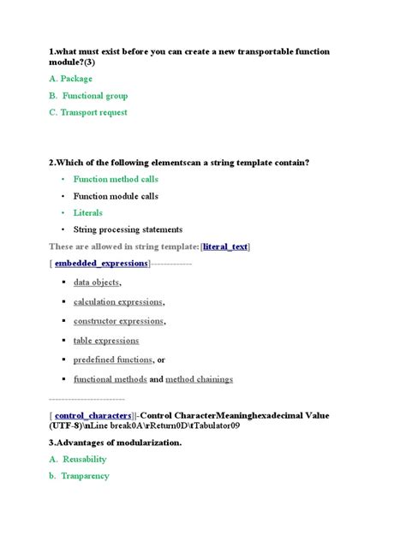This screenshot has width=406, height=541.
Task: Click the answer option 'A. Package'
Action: pos(70,79)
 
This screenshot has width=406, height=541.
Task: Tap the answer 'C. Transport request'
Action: pos(88,112)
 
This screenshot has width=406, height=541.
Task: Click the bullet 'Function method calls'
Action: pos(116,179)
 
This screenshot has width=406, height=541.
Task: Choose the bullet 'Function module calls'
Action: pos(116,196)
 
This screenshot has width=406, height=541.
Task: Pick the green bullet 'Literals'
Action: pos(88,212)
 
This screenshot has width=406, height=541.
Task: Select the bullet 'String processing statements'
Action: pos(128,229)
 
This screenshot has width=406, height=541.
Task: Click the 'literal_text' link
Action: pos(225,247)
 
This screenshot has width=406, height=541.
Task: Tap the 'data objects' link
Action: pos(96,282)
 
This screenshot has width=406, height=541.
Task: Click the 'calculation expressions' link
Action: pos(117,301)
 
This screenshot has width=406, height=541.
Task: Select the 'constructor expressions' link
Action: pos(117,321)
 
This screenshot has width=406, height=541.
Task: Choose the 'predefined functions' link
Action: pos(113,360)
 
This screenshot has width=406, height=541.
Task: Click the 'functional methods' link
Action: pos(110,379)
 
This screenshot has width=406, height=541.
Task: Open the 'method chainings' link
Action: pos(199,379)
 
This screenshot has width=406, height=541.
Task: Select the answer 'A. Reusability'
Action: pos(77,459)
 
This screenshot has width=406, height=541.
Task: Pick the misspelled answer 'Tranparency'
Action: pos(85,475)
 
